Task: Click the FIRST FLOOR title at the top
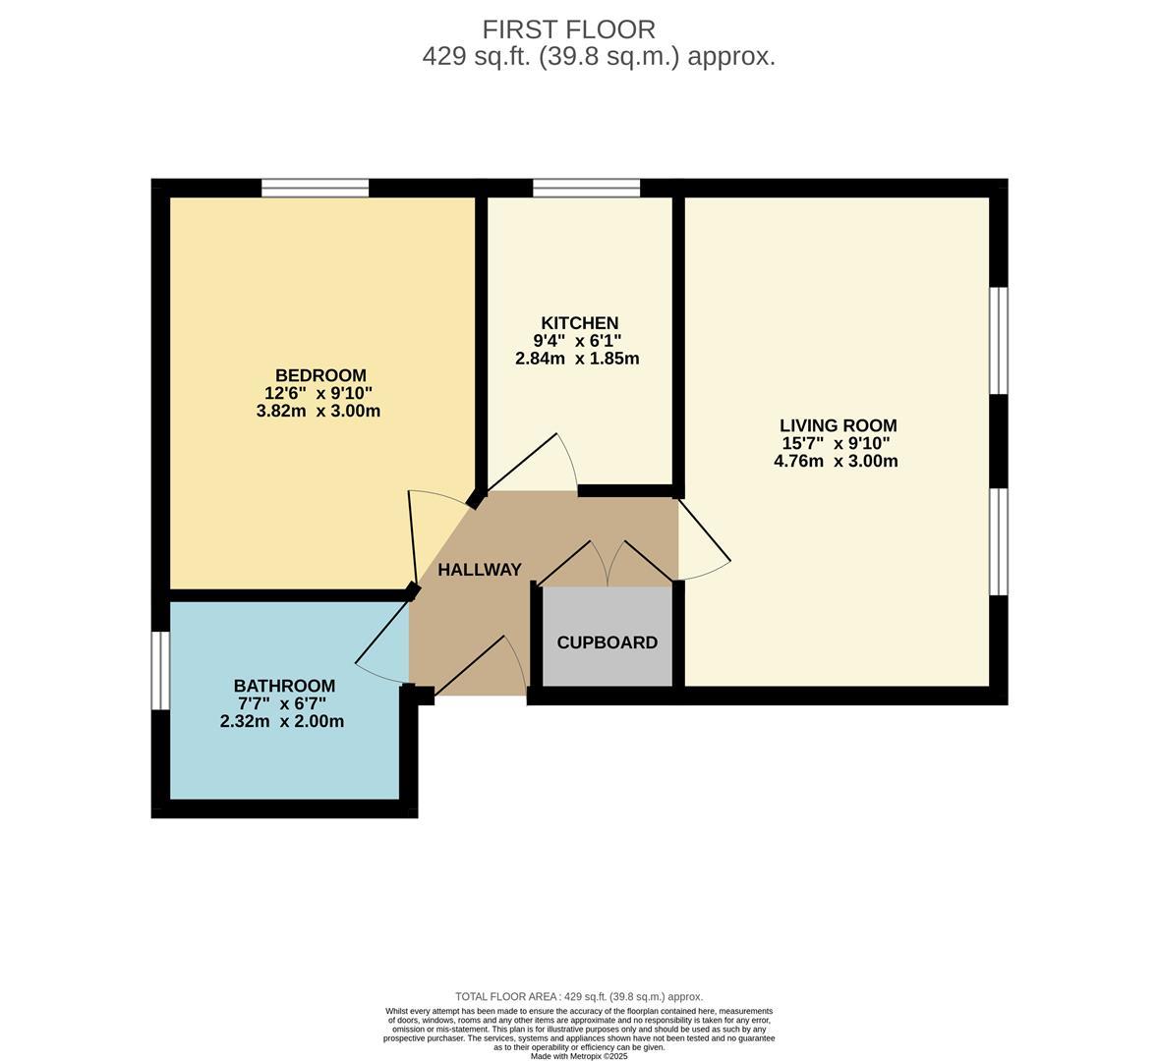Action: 568,29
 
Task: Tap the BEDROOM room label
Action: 320,375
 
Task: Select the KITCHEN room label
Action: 579,323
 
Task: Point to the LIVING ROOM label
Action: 838,425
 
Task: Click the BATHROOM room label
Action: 284,686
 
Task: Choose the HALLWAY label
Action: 479,570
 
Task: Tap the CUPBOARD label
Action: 607,642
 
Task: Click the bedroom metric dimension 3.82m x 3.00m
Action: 318,411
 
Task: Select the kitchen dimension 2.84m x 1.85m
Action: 577,359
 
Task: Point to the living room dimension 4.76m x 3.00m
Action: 836,461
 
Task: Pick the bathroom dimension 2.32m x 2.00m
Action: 282,721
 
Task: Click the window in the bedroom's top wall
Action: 315,188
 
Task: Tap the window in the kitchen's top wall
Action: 587,188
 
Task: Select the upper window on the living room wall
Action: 999,340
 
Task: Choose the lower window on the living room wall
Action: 999,541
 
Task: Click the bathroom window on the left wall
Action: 160,669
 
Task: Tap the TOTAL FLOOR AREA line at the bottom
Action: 579,996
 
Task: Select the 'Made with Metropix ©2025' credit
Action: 579,1056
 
